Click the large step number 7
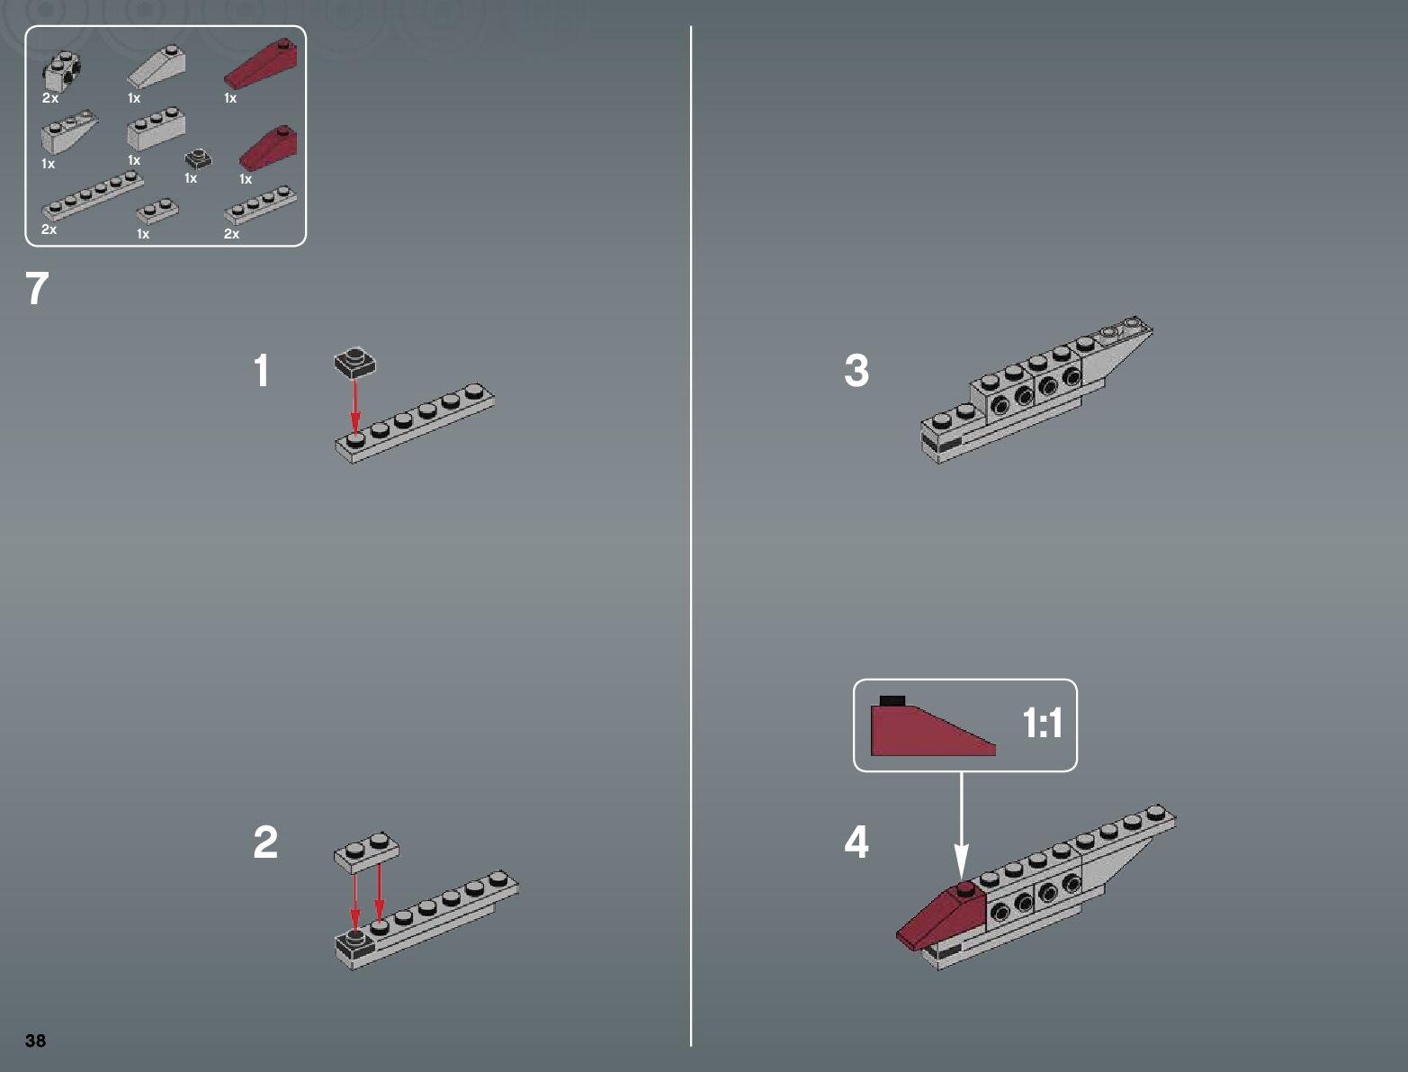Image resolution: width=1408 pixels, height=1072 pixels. pos(37,289)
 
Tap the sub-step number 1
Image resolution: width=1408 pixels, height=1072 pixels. pos(261,371)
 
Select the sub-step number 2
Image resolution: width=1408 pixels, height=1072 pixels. pos(265,842)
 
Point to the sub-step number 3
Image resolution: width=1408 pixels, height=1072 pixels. pos(856,371)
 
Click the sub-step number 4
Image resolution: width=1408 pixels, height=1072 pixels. pos(856,842)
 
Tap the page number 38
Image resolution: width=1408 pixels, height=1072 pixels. pos(35,1040)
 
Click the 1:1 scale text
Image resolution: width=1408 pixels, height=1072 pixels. pos(1042,723)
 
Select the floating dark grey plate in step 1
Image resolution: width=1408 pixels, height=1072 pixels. pos(354,363)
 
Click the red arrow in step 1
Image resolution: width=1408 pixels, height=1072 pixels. pos(354,407)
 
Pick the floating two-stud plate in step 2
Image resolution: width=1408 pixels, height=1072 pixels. pos(366,852)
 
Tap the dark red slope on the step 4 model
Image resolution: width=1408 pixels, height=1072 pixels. pos(941,916)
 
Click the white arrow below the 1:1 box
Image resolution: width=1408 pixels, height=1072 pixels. pos(961,825)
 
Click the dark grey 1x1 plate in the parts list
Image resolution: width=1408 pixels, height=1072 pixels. pos(198,158)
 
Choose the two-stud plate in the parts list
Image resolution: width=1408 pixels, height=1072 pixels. pos(157,211)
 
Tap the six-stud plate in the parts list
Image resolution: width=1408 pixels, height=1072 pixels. pos(93,195)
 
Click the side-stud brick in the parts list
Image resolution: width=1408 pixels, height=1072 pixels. pos(62,72)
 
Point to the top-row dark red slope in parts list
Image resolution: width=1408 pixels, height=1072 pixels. pos(260,63)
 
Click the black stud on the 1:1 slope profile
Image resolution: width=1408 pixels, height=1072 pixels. pos(892,700)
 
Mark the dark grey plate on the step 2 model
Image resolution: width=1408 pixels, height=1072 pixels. pos(354,943)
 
